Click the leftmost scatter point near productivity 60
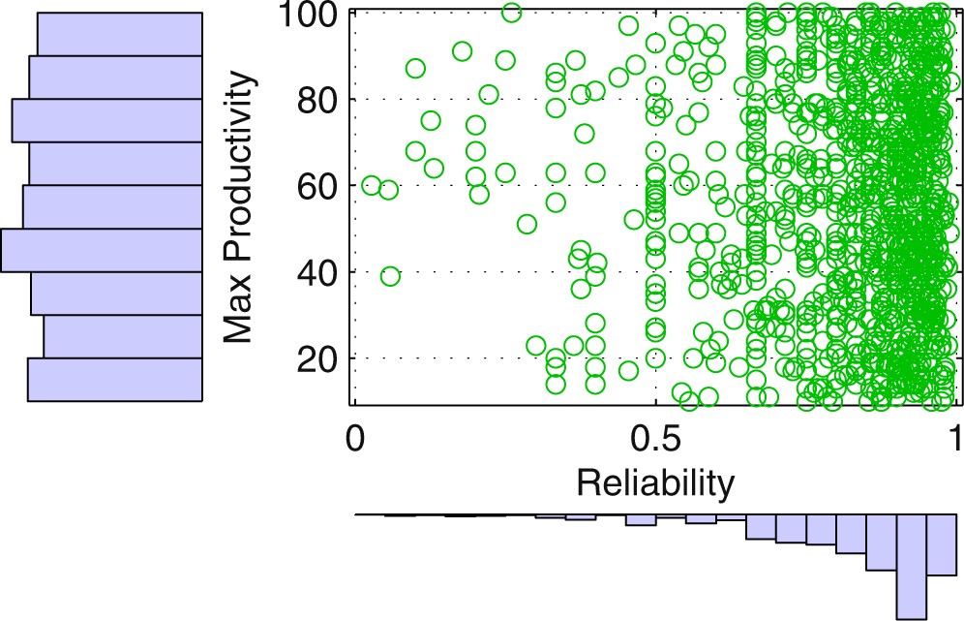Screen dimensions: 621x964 (x=372, y=185)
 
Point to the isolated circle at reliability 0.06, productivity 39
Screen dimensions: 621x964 (x=390, y=276)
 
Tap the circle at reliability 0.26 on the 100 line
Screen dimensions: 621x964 (x=512, y=13)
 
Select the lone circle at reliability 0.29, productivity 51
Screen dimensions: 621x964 (x=527, y=224)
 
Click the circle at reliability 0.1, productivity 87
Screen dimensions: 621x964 (x=415, y=68)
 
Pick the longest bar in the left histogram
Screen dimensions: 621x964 (x=102, y=250)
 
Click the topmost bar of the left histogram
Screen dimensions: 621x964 (x=119, y=34)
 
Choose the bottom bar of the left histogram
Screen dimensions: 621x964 (x=114, y=380)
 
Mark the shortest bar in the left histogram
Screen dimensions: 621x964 (x=123, y=336)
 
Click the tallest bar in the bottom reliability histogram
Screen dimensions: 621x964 (x=912, y=566)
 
